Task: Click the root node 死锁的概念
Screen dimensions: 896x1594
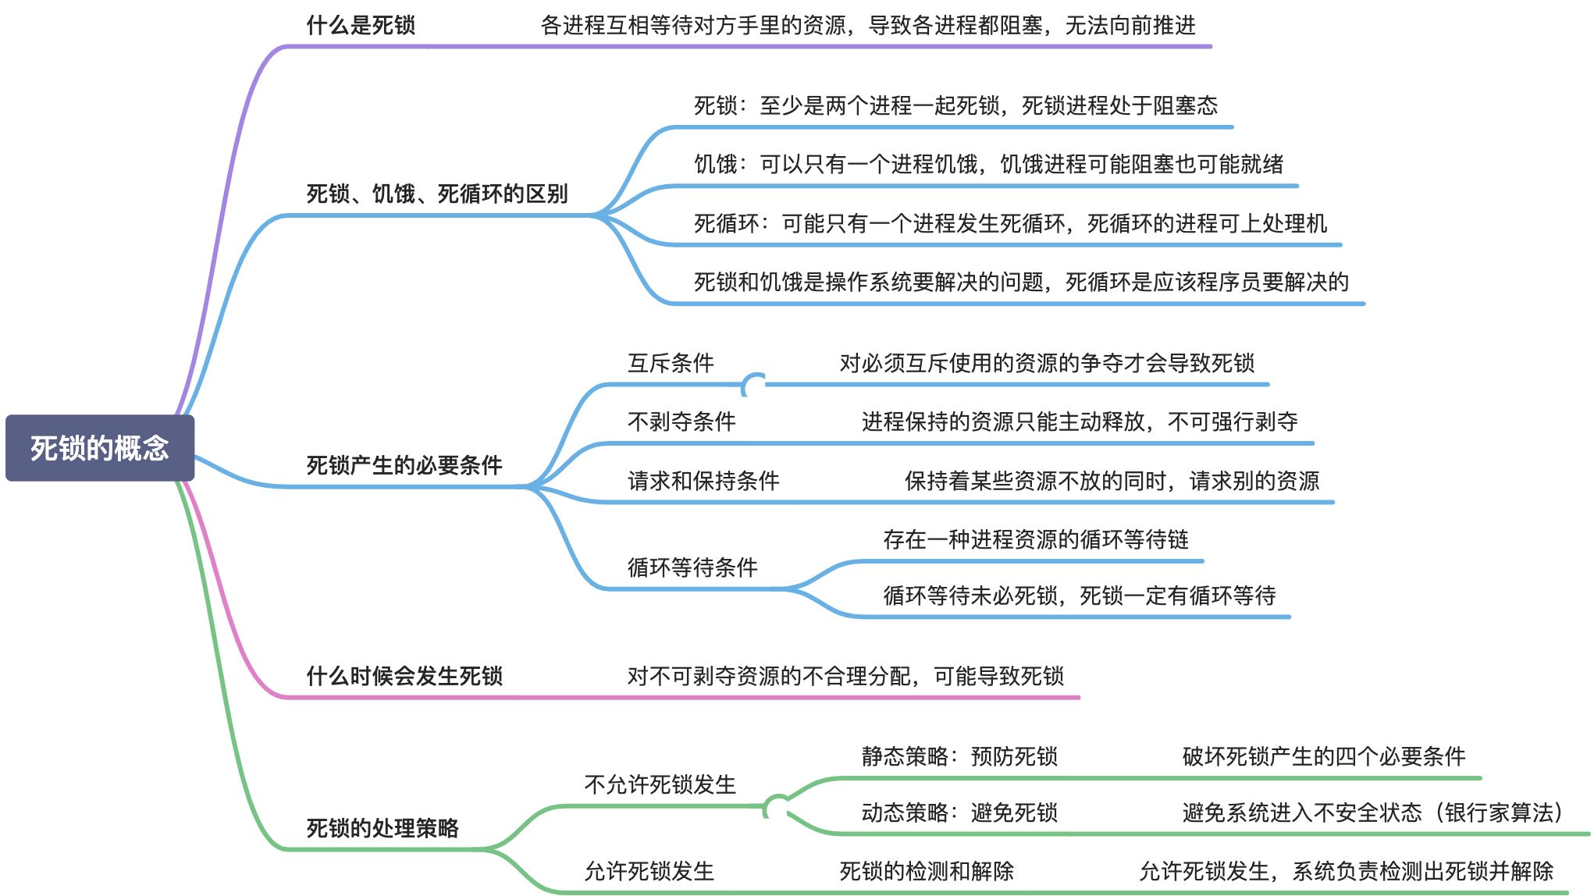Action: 100,448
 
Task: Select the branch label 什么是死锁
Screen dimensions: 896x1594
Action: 361,26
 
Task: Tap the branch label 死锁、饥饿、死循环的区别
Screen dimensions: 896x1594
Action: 437,194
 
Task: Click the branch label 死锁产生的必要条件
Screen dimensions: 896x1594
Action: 404,465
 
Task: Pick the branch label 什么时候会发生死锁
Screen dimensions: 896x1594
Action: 404,676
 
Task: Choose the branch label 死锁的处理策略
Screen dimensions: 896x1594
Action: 382,828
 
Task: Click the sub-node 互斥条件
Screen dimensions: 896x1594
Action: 671,363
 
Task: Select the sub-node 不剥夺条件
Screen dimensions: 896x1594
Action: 681,422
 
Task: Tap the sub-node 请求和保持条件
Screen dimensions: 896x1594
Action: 703,481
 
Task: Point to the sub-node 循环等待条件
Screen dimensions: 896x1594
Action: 692,567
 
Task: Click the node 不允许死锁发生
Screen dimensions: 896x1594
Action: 660,784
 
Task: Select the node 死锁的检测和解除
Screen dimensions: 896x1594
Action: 927,871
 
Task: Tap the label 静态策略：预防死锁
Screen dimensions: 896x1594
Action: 959,756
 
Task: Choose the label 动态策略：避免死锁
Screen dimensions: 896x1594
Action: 959,813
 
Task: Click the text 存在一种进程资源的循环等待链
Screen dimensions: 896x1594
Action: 1036,539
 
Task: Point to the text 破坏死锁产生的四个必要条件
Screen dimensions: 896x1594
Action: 1324,756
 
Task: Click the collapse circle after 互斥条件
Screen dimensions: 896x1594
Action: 754,385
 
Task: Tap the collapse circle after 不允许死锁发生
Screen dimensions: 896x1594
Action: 776,806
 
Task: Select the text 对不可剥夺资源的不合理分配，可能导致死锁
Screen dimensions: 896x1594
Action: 845,676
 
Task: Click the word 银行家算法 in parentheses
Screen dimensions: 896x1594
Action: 1499,813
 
